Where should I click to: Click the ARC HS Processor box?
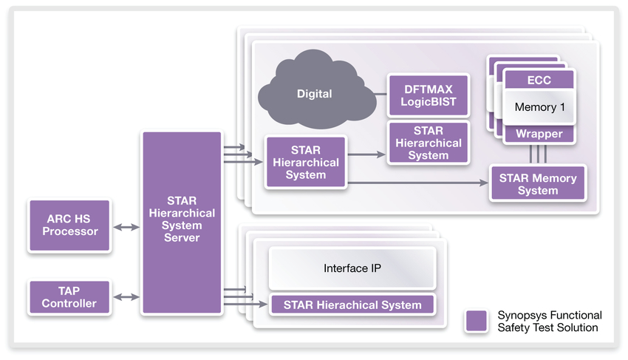[69, 226]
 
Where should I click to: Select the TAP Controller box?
[69, 297]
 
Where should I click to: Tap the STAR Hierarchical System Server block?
[181, 222]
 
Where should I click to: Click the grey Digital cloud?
[315, 94]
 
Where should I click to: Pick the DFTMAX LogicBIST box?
[429, 95]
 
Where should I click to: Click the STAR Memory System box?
[538, 184]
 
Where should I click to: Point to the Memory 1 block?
[539, 107]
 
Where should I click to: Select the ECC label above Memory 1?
[539, 80]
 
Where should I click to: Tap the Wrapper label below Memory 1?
[539, 134]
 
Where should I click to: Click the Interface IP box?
[352, 268]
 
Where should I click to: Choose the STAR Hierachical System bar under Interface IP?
[352, 305]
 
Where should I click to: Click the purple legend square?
[477, 321]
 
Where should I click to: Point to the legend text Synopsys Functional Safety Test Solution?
[549, 321]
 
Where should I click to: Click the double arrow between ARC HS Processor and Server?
[125, 227]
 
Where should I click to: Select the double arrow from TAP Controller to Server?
[125, 297]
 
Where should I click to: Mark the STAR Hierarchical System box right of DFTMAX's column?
[429, 143]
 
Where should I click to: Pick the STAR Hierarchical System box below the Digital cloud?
[306, 163]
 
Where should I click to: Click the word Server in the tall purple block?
[181, 238]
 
